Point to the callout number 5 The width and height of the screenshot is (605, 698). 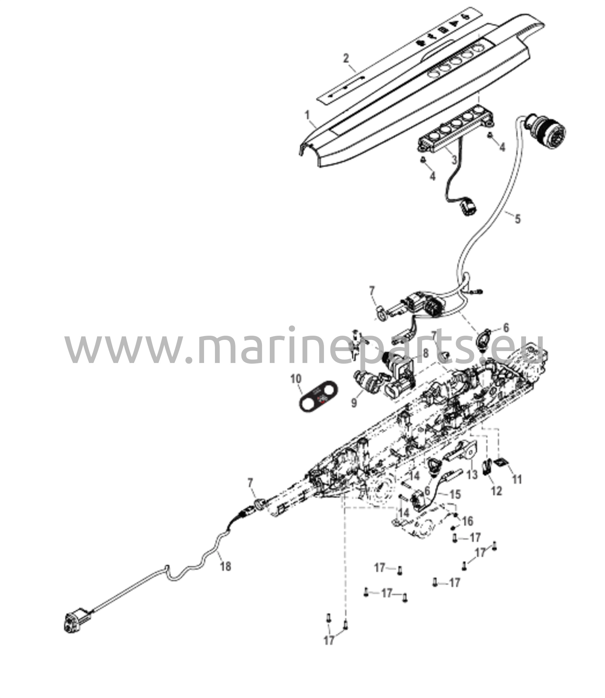point(517,218)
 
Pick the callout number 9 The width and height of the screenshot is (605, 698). point(354,403)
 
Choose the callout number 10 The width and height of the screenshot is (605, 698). point(296,379)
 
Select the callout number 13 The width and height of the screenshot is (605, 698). point(472,474)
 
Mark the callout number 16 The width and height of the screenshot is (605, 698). point(467,521)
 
